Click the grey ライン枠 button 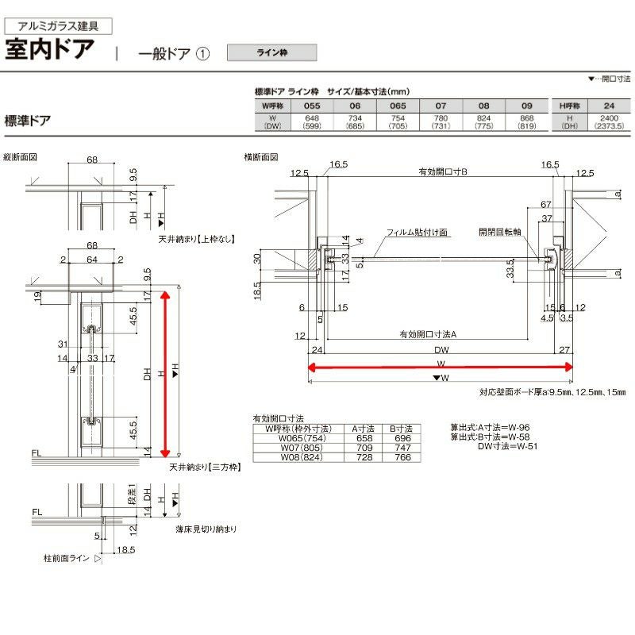[x=271, y=53]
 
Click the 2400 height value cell [x=609, y=117]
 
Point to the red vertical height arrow [x=166, y=374]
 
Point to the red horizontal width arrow [x=441, y=367]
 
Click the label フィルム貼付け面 [x=418, y=233]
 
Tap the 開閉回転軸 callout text [x=500, y=233]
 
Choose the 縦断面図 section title [x=21, y=157]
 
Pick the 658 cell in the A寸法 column [x=364, y=438]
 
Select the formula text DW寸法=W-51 [x=503, y=446]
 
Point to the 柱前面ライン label [x=67, y=559]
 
